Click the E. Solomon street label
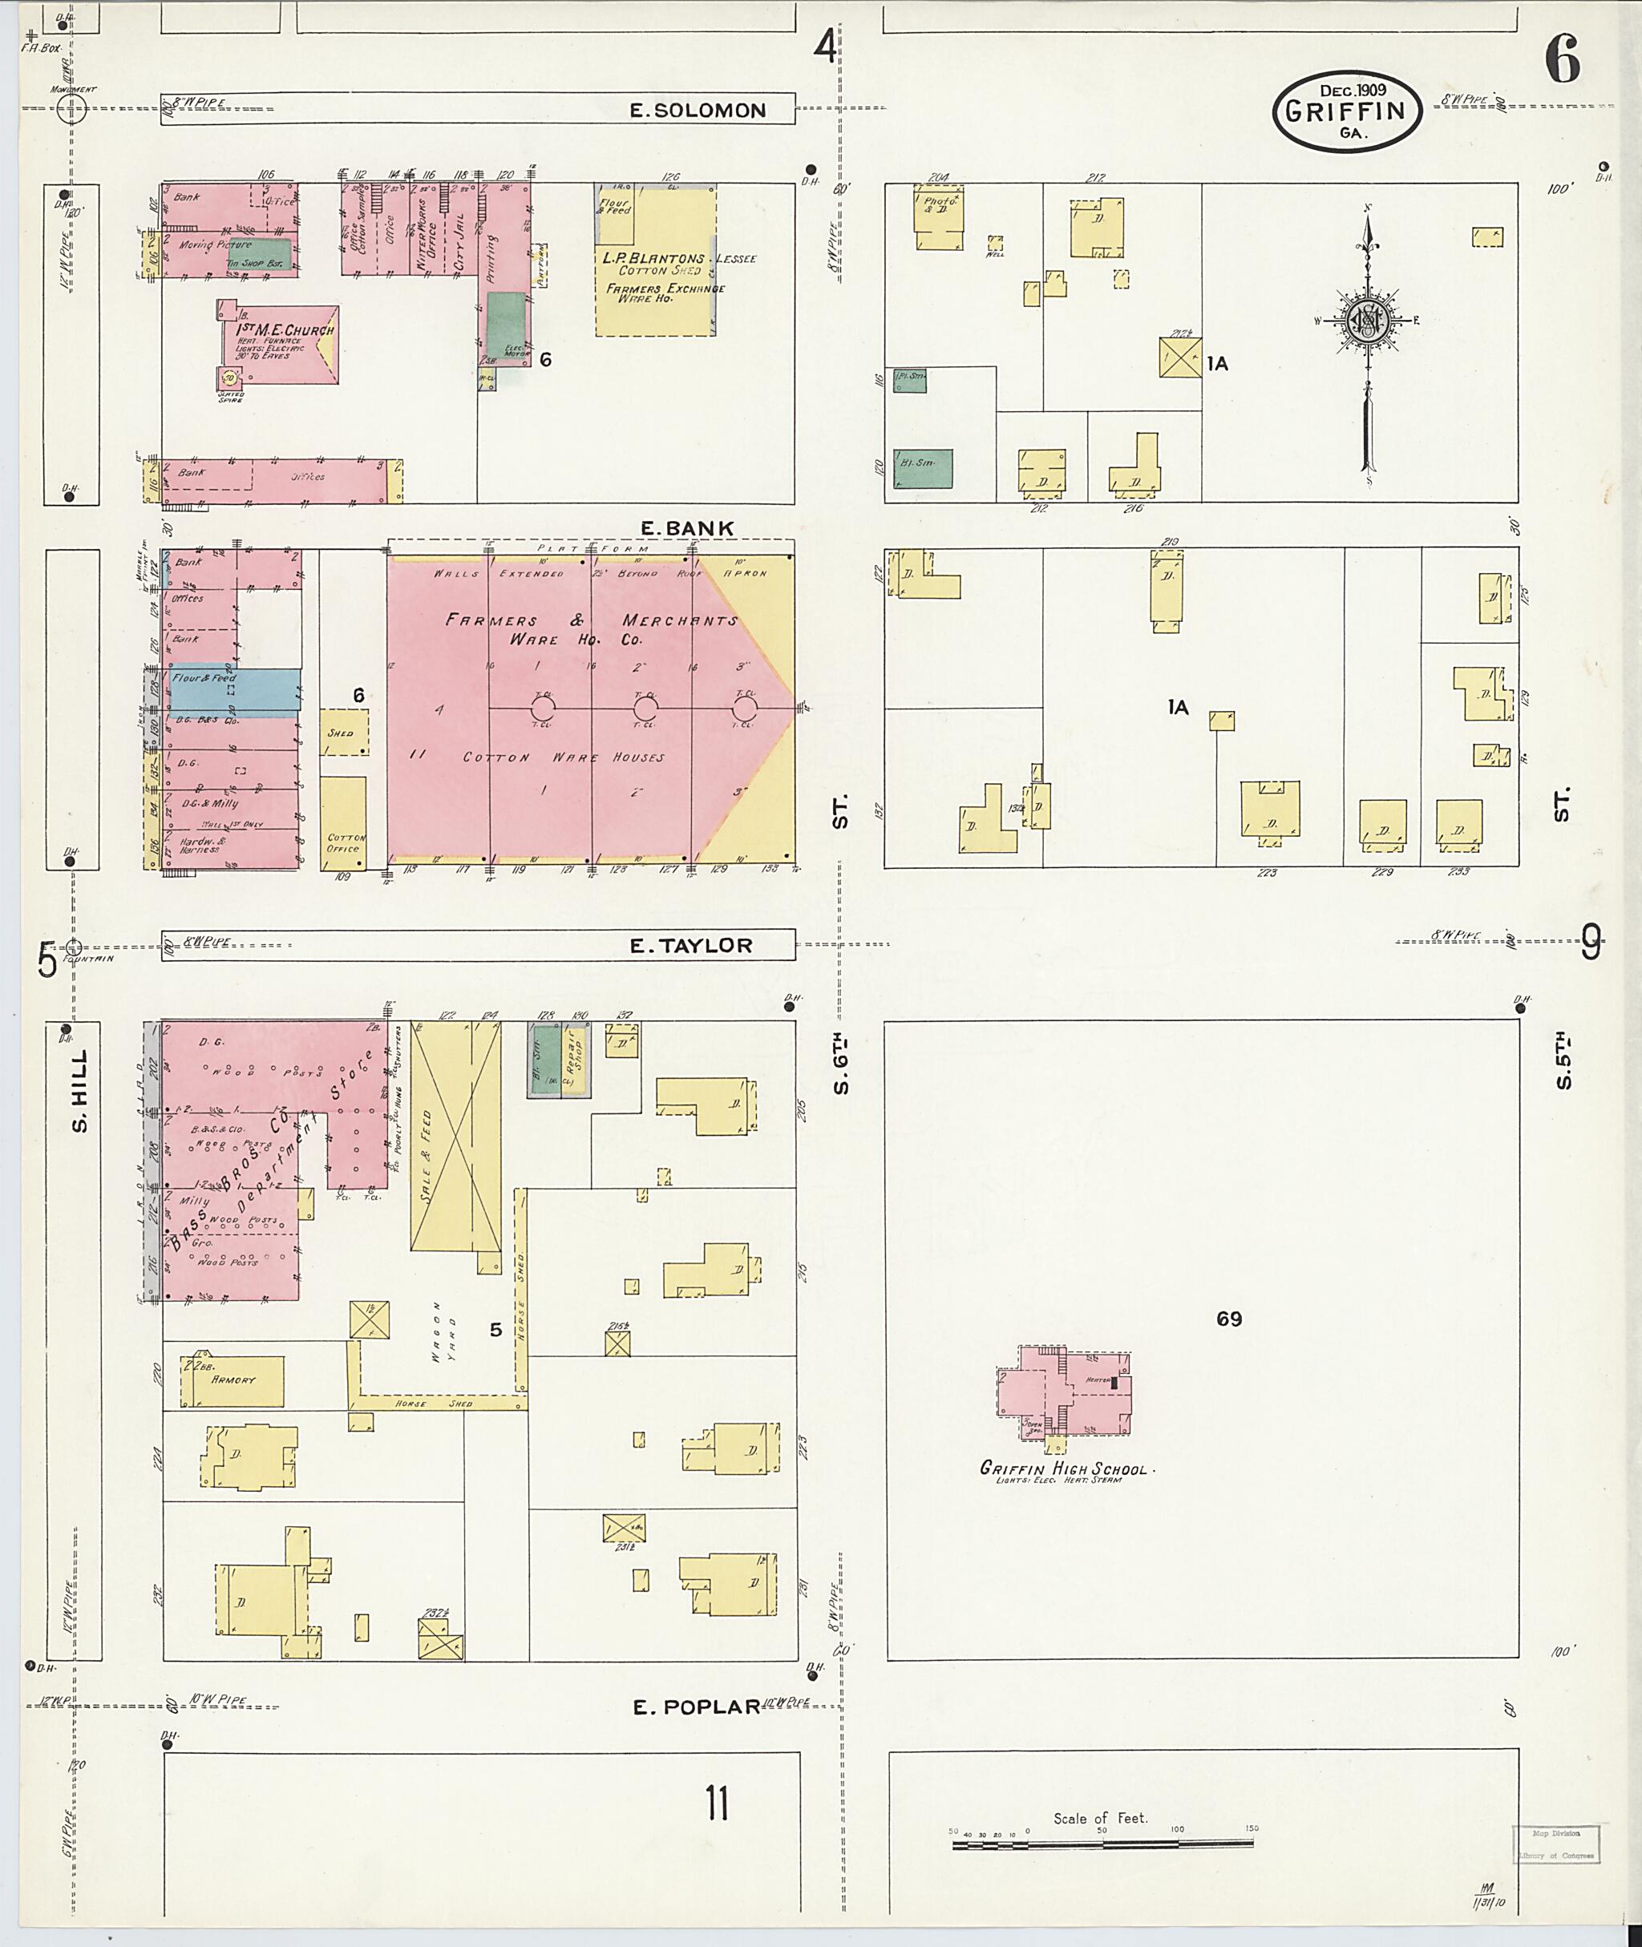(x=698, y=110)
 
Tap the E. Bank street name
(x=687, y=527)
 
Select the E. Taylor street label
(x=690, y=946)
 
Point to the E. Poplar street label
(x=696, y=1707)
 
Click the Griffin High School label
(x=1064, y=1468)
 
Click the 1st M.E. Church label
(x=284, y=330)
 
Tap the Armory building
(x=233, y=1380)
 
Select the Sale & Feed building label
(x=427, y=1157)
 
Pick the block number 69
(x=1229, y=1319)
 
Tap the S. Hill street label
(x=81, y=1091)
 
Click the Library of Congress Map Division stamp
(x=1555, y=1844)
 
